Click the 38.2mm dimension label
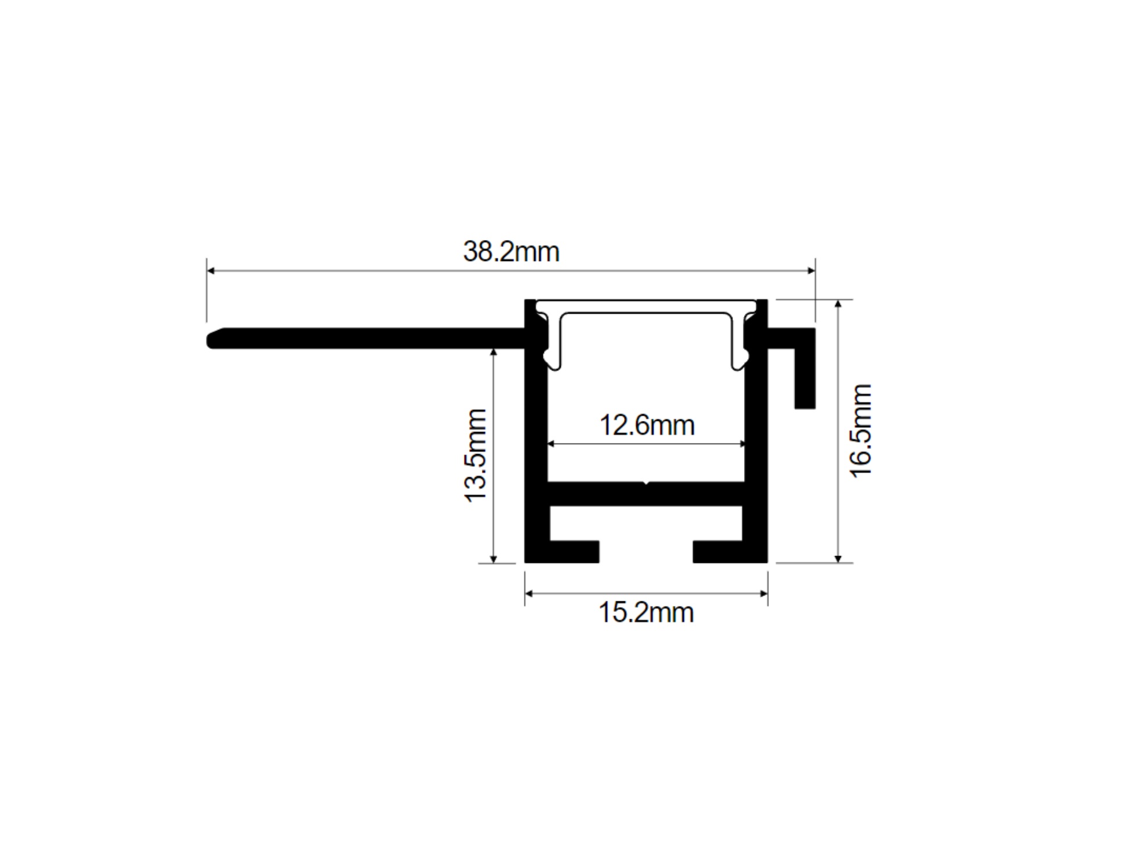pyautogui.click(x=511, y=252)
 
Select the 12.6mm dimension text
pyautogui.click(x=647, y=425)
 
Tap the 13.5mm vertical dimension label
pyautogui.click(x=476, y=455)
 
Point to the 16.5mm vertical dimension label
pyautogui.click(x=860, y=430)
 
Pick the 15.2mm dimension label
pyautogui.click(x=645, y=612)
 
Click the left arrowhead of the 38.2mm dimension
pyautogui.click(x=211, y=270)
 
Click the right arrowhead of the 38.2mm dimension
pyautogui.click(x=811, y=270)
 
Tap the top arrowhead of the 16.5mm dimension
pyautogui.click(x=837, y=304)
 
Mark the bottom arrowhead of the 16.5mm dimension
pyautogui.click(x=837, y=558)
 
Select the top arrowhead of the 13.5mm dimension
pyautogui.click(x=494, y=353)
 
